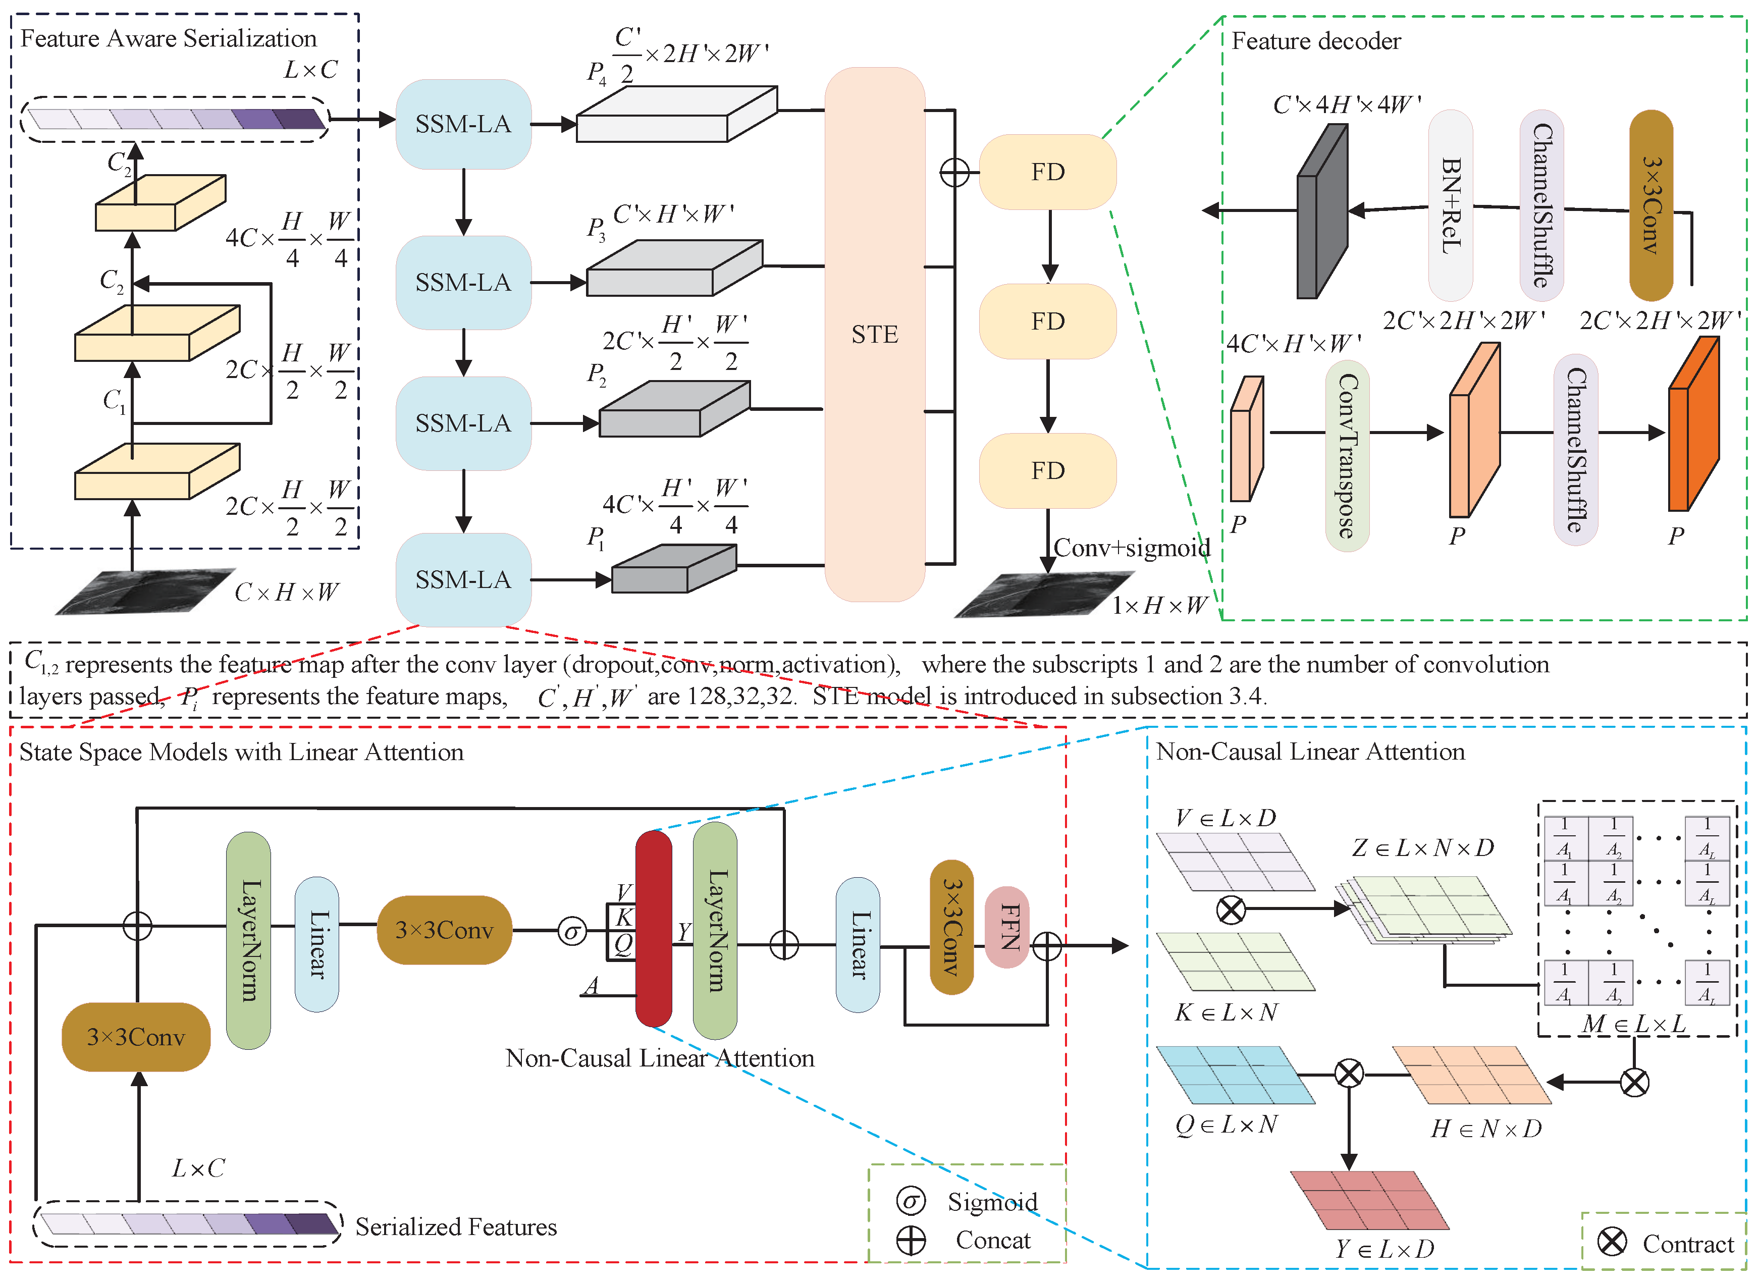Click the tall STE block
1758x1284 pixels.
pyautogui.click(x=874, y=334)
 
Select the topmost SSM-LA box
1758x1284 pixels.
pyautogui.click(x=463, y=124)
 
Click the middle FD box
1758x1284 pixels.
pyautogui.click(x=1048, y=321)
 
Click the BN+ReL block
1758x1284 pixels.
pyautogui.click(x=1450, y=205)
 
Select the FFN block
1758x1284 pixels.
pyautogui.click(x=1007, y=927)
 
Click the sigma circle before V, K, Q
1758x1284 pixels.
pyautogui.click(x=572, y=930)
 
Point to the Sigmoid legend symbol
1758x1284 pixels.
pyautogui.click(x=911, y=1201)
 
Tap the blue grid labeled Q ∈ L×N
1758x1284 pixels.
pyautogui.click(x=1236, y=1075)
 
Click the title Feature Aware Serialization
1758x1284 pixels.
pyautogui.click(x=169, y=38)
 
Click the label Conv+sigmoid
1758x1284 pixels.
pyautogui.click(x=1132, y=548)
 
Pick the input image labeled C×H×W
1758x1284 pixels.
pyautogui.click(x=145, y=592)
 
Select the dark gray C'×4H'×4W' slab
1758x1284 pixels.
pyautogui.click(x=1322, y=210)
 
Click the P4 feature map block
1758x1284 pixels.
pyautogui.click(x=676, y=114)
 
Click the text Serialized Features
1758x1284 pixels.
pyautogui.click(x=456, y=1226)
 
